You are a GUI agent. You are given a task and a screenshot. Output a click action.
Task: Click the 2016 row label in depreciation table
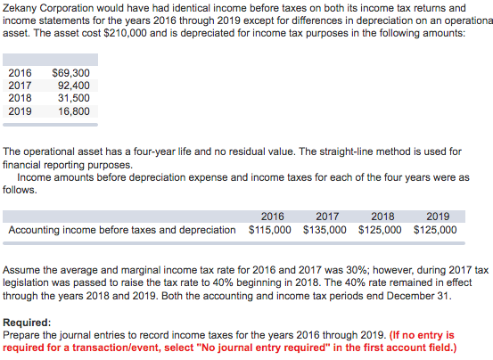point(19,73)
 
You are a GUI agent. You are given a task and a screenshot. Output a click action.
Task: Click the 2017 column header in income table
point(327,216)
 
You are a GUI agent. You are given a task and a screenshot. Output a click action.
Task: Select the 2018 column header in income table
point(382,216)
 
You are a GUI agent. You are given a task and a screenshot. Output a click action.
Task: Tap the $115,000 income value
point(269,229)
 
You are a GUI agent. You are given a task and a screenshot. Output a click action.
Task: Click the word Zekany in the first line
point(22,6)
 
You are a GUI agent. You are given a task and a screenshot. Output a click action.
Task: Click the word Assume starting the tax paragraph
point(23,270)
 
